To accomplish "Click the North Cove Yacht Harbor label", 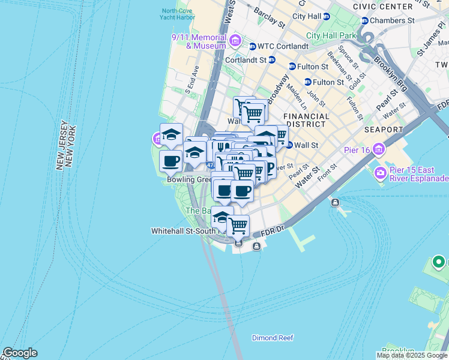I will [x=177, y=14].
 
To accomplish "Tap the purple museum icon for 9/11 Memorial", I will [x=235, y=41].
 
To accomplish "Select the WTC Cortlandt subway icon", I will [x=253, y=46].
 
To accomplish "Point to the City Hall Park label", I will [x=331, y=35].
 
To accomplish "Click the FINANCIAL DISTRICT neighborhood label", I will [x=306, y=120].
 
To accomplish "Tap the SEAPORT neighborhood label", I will [x=383, y=130].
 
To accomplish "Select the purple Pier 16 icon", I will [x=379, y=149].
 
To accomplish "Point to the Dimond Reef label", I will [x=273, y=338].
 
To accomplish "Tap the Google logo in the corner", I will [x=20, y=353].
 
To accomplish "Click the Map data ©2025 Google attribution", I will [x=412, y=355].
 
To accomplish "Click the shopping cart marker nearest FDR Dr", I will [x=238, y=226].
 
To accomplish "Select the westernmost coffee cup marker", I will [x=171, y=161].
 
